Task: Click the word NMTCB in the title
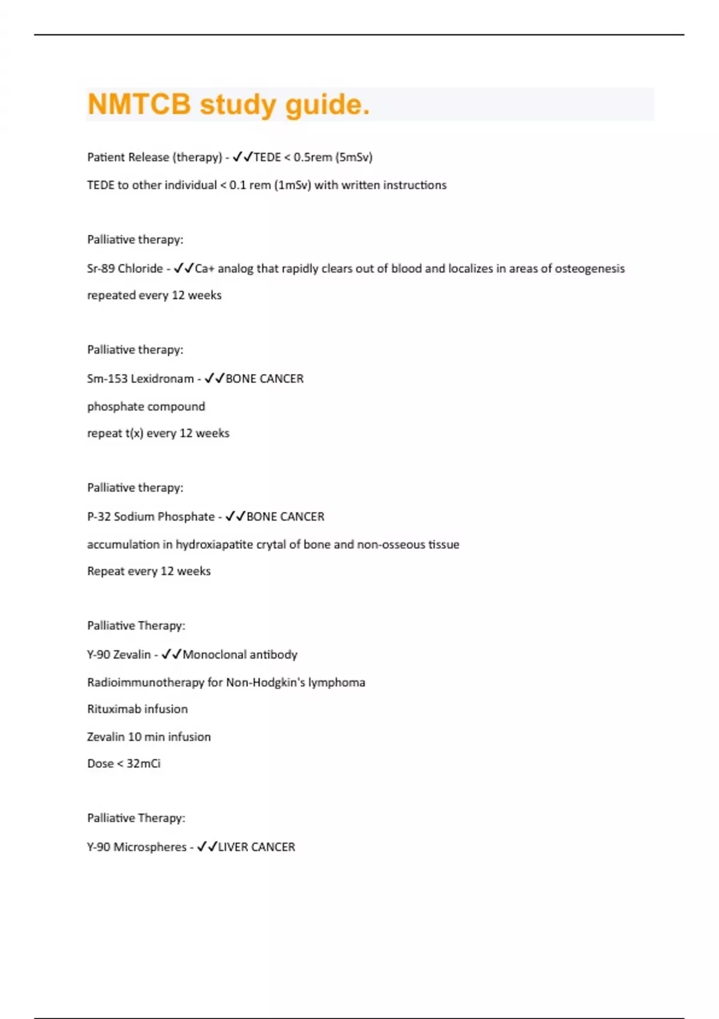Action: point(139,104)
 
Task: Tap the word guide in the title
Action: point(327,105)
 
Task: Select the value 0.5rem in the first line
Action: point(313,157)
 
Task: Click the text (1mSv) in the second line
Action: point(292,185)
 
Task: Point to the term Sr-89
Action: point(101,269)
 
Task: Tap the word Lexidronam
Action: point(162,379)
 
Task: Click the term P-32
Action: point(98,517)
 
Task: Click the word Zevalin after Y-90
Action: point(132,655)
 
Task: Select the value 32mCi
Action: point(143,764)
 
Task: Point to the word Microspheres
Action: point(150,847)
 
